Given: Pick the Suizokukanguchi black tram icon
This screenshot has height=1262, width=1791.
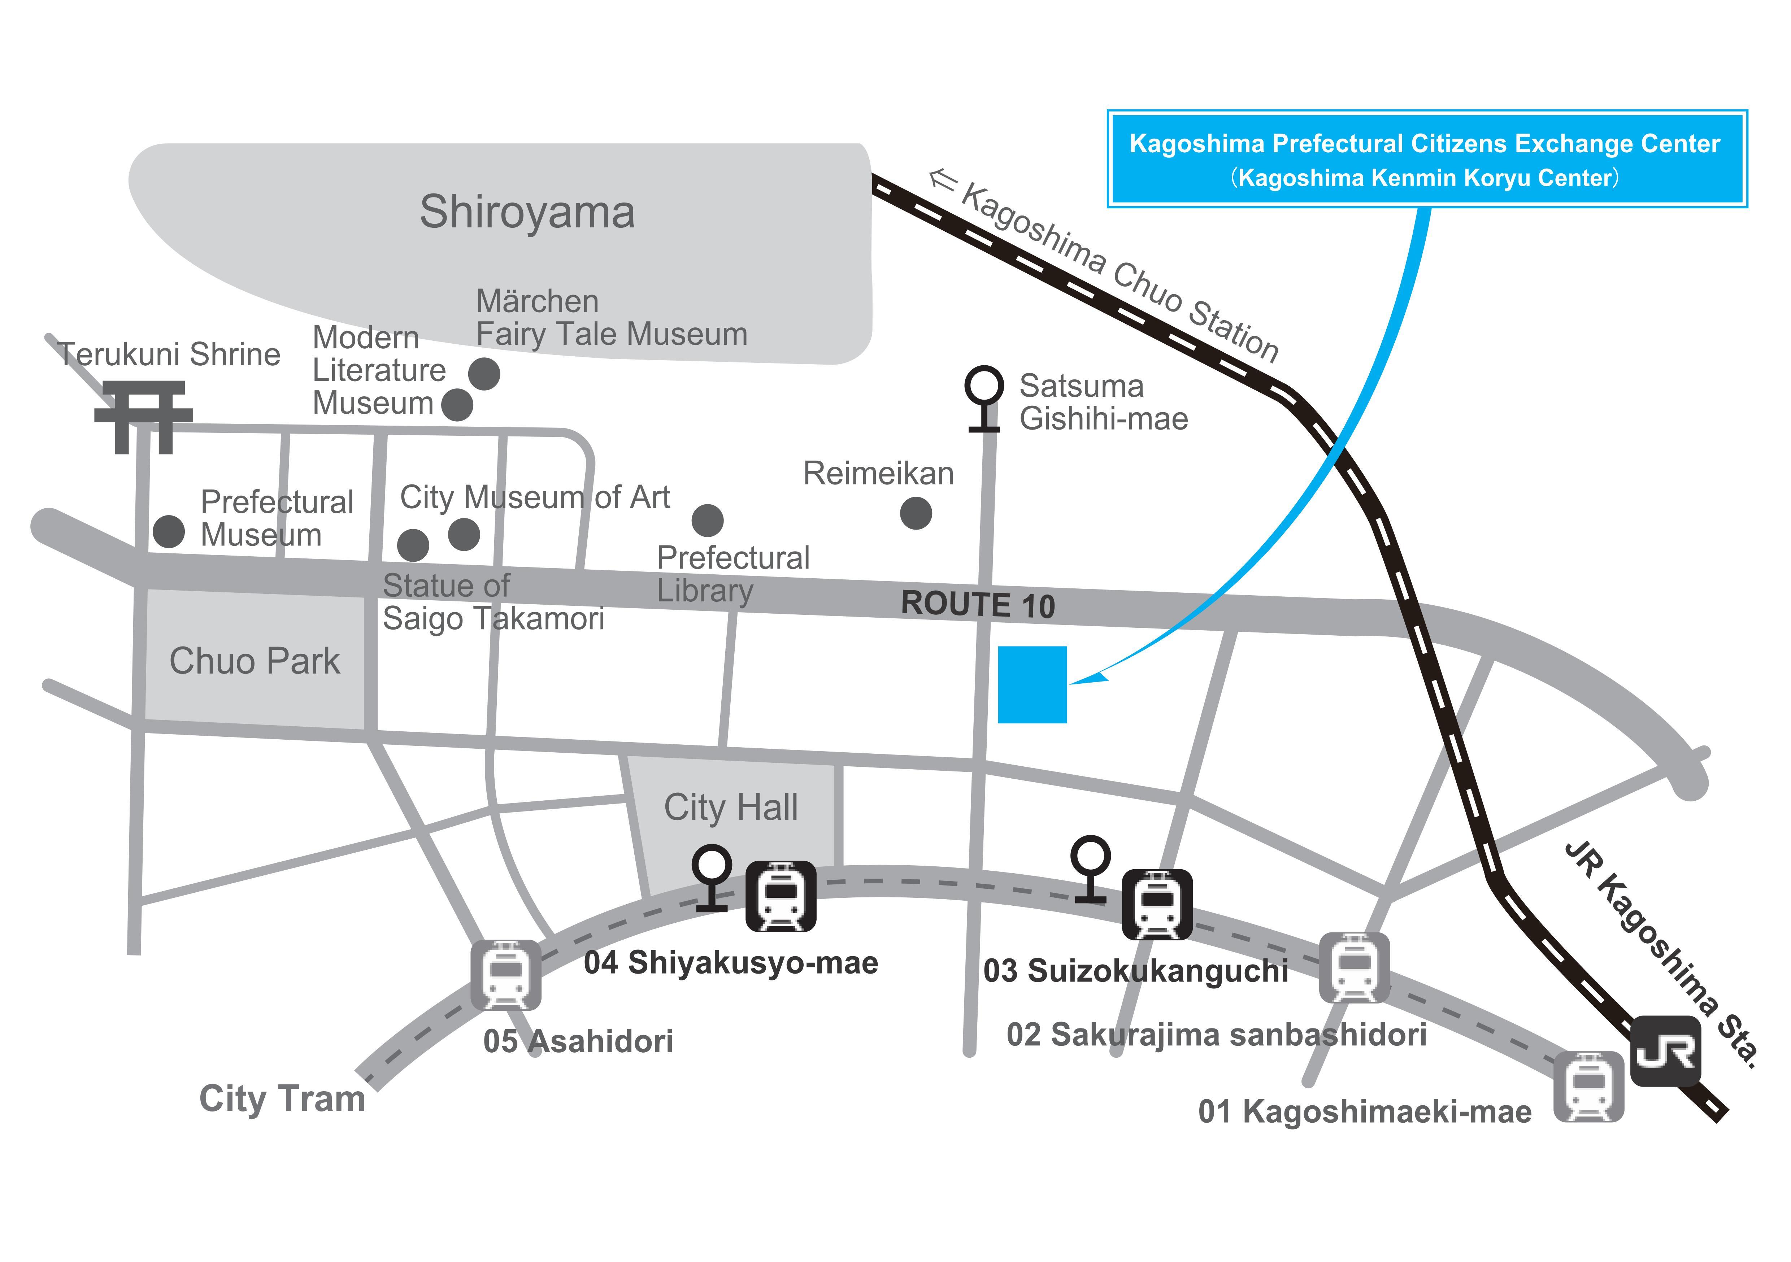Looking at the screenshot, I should pos(1157,905).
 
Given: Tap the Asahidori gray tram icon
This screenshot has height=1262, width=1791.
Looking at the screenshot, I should pos(505,975).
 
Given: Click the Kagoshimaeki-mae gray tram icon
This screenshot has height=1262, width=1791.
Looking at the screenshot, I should pos(1589,1087).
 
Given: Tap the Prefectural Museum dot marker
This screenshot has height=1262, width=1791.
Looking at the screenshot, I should pos(169,531).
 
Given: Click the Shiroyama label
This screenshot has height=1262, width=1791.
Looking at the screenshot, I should pos(527,212).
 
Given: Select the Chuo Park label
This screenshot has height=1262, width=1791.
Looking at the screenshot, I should pos(254,661).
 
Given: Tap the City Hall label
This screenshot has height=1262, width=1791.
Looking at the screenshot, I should pos(731,807).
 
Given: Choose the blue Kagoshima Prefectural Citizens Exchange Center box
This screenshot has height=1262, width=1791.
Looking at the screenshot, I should pos(1427,159).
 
